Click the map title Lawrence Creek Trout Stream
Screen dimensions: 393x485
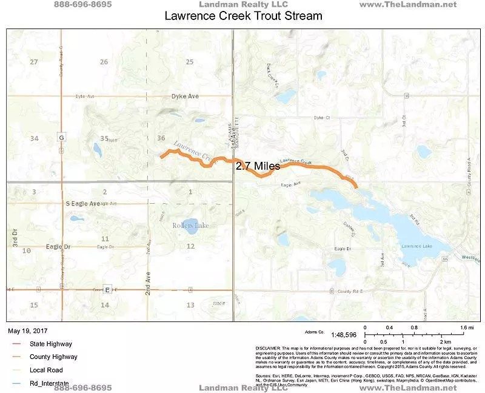(x=243, y=16)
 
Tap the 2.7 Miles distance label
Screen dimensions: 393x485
(x=258, y=166)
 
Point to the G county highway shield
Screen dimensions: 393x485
(x=61, y=138)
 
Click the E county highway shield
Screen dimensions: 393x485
(x=107, y=289)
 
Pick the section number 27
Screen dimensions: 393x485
(x=34, y=62)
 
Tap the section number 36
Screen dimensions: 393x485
(x=161, y=138)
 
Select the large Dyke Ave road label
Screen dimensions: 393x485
(x=185, y=96)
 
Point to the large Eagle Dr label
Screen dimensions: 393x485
(x=58, y=247)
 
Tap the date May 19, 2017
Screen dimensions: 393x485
(x=27, y=331)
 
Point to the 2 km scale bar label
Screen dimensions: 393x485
(x=444, y=342)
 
